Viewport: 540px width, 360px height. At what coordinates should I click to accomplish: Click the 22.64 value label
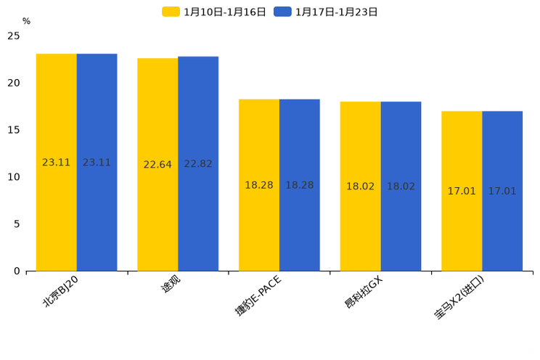pos(157,165)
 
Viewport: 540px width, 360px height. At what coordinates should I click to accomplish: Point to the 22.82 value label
pos(198,165)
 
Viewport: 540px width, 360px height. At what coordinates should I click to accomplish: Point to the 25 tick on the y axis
pos(14,36)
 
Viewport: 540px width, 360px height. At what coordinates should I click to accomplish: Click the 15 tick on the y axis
pos(14,130)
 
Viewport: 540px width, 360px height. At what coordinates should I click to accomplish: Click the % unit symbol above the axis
pos(26,22)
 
